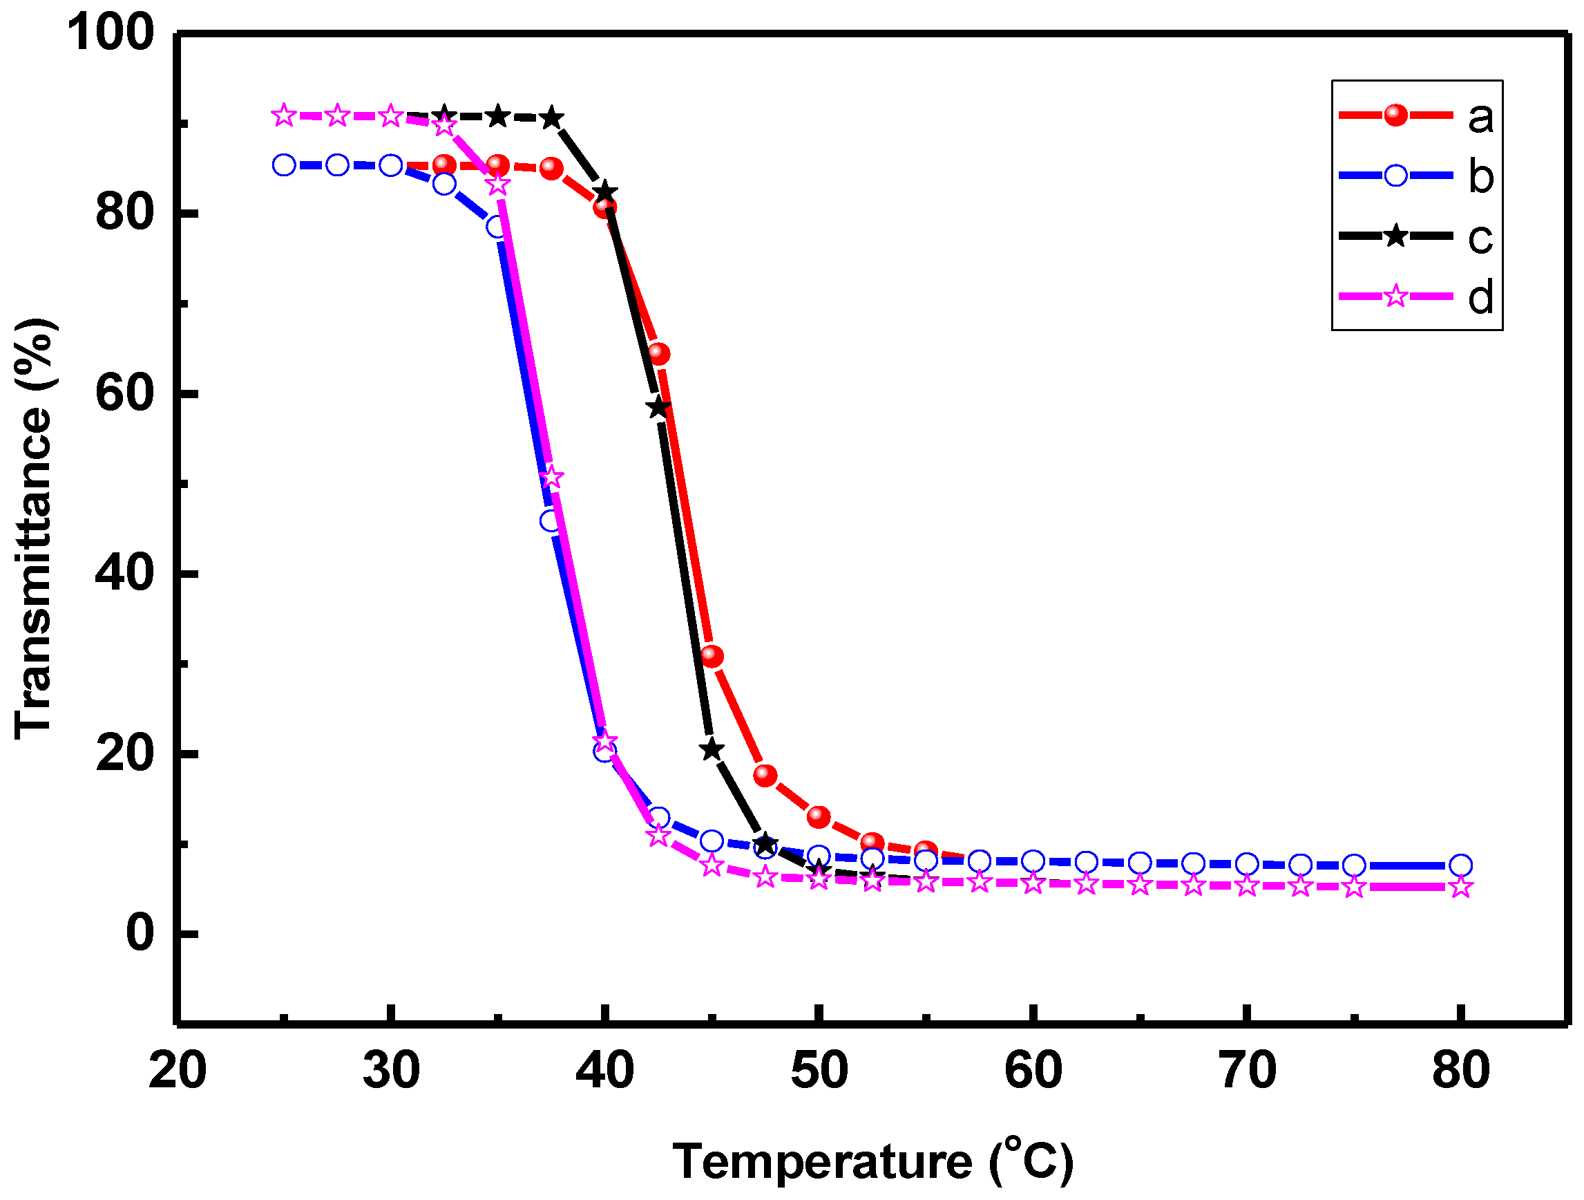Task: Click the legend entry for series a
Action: [1416, 115]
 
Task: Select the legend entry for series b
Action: [1416, 176]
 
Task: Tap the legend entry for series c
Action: [1416, 236]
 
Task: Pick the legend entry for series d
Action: [1416, 296]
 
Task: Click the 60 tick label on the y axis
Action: [124, 393]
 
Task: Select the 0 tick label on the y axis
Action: [140, 932]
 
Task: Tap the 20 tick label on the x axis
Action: [177, 1070]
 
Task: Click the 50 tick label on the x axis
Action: [819, 1070]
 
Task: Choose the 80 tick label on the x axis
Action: [1461, 1070]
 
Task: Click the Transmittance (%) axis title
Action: [34, 528]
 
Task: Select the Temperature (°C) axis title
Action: [873, 1161]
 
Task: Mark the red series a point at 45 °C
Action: [712, 655]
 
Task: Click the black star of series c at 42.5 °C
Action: [659, 408]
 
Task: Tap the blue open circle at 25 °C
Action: [285, 165]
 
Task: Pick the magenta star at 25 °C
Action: [285, 115]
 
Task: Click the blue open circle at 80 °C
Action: [1461, 865]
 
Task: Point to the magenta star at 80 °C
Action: [1461, 888]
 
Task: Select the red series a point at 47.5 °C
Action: [765, 775]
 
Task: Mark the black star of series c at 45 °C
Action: [712, 750]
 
